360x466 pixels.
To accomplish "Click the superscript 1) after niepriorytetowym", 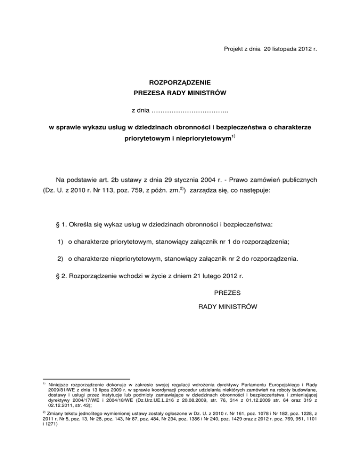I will tap(233, 136).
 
